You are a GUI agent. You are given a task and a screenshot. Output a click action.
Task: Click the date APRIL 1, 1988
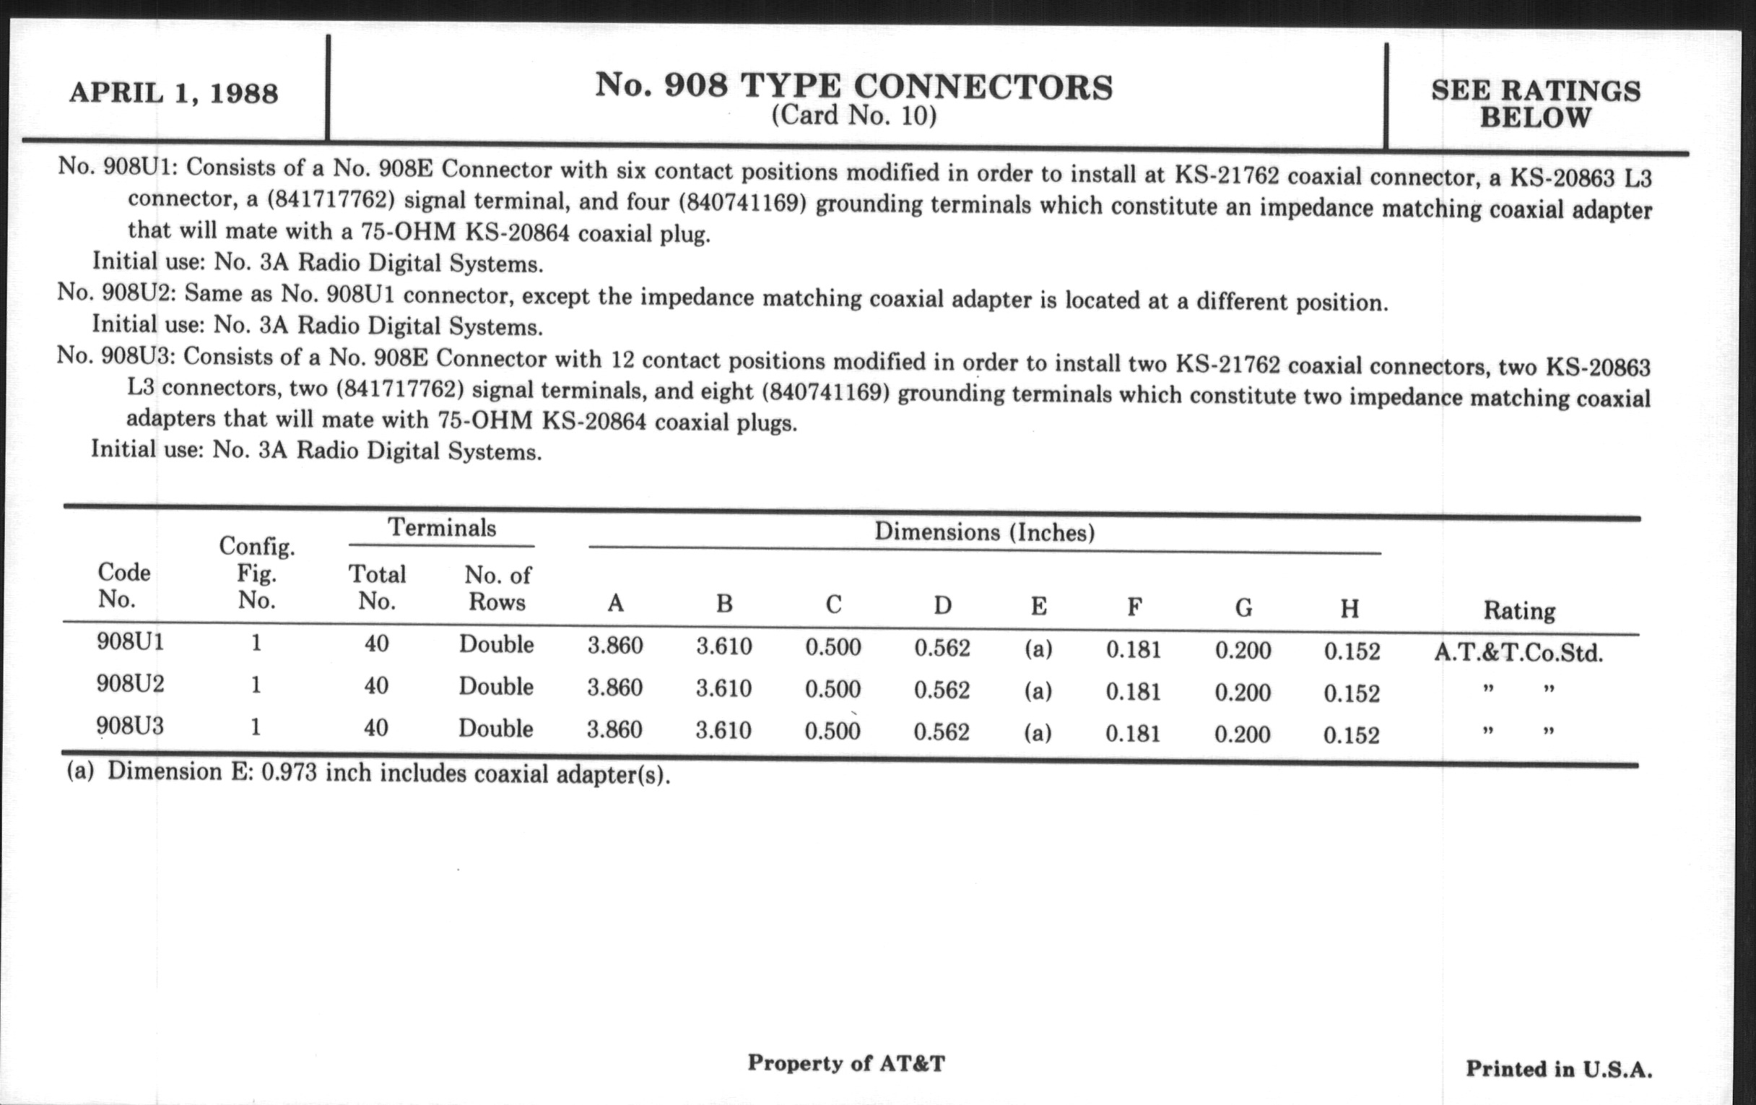pos(173,93)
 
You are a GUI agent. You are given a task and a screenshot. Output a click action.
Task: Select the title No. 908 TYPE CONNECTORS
pos(853,86)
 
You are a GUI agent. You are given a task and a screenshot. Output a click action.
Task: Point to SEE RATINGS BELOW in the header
pos(1535,104)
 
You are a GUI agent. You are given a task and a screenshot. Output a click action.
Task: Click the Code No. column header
pos(123,586)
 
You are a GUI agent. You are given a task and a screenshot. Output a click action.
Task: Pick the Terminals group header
pos(441,527)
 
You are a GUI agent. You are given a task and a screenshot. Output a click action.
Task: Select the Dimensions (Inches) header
pos(983,532)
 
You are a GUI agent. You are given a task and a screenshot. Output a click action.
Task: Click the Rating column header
pos(1519,610)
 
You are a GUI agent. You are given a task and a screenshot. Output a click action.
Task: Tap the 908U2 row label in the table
pos(130,684)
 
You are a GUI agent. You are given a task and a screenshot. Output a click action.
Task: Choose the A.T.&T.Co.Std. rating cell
pos(1518,653)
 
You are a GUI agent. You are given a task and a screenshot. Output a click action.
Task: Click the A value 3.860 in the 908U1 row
pos(614,646)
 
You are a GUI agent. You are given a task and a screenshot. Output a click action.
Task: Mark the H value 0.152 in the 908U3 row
pos(1351,735)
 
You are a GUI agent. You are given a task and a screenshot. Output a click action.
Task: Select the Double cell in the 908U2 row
pos(496,687)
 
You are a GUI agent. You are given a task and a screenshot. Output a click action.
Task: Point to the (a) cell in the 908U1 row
pos(1038,649)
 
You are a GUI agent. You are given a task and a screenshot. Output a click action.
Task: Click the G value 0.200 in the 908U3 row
pos(1242,734)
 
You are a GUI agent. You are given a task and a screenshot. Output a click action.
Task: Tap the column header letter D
pos(942,605)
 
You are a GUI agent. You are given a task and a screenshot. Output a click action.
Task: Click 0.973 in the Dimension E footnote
pos(289,772)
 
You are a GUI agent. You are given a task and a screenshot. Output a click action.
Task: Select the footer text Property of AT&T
pos(846,1063)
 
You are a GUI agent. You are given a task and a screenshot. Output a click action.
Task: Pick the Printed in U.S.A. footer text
pos(1559,1070)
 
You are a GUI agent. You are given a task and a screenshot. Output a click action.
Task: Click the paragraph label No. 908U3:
pos(117,356)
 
